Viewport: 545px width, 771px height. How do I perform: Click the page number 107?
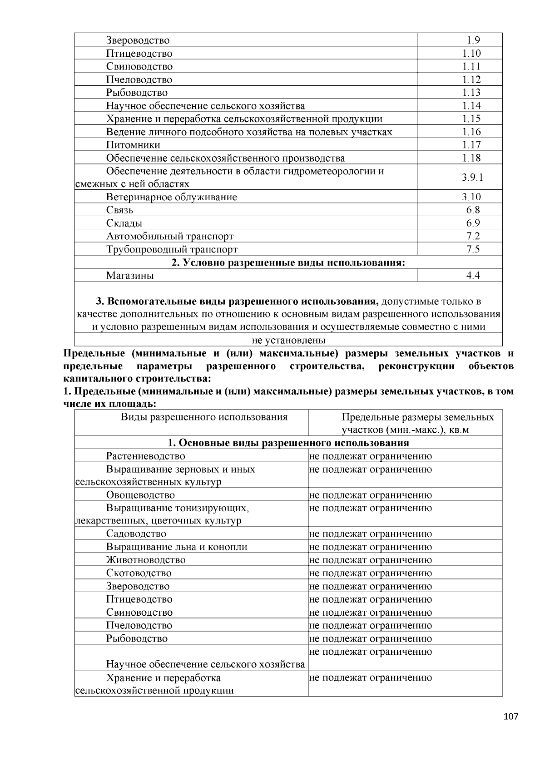(511, 717)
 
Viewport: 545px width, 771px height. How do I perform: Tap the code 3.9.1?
(472, 178)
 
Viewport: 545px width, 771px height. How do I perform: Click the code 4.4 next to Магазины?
(472, 276)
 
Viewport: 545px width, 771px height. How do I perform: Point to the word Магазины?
(130, 276)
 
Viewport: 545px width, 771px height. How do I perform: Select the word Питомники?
(133, 145)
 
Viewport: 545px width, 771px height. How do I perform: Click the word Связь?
(120, 210)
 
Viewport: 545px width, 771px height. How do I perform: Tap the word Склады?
(124, 223)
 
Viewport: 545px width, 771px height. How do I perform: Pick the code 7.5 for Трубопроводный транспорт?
(472, 249)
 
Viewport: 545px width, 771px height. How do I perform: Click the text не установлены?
(288, 340)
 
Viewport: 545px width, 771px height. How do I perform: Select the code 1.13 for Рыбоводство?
(471, 93)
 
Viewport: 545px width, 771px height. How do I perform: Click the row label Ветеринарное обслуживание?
(172, 197)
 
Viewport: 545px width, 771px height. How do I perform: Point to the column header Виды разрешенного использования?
(204, 417)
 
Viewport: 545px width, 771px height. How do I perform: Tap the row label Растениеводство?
(145, 456)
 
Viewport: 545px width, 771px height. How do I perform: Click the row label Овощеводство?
(140, 495)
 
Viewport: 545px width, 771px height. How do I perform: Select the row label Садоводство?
(136, 534)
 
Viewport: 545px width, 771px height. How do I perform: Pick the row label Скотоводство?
(139, 573)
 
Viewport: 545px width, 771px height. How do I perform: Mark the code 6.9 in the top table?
(472, 223)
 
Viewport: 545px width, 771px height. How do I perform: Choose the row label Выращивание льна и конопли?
(177, 547)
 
